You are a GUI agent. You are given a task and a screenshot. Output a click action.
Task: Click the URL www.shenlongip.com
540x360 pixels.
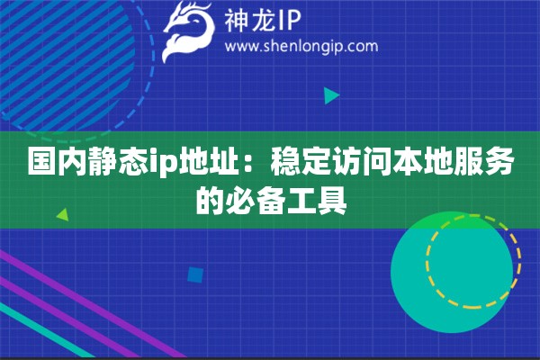coord(301,46)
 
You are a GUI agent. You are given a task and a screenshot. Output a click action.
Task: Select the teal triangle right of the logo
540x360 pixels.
coord(331,94)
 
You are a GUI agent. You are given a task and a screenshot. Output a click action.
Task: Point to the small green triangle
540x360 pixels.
coord(62,215)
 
